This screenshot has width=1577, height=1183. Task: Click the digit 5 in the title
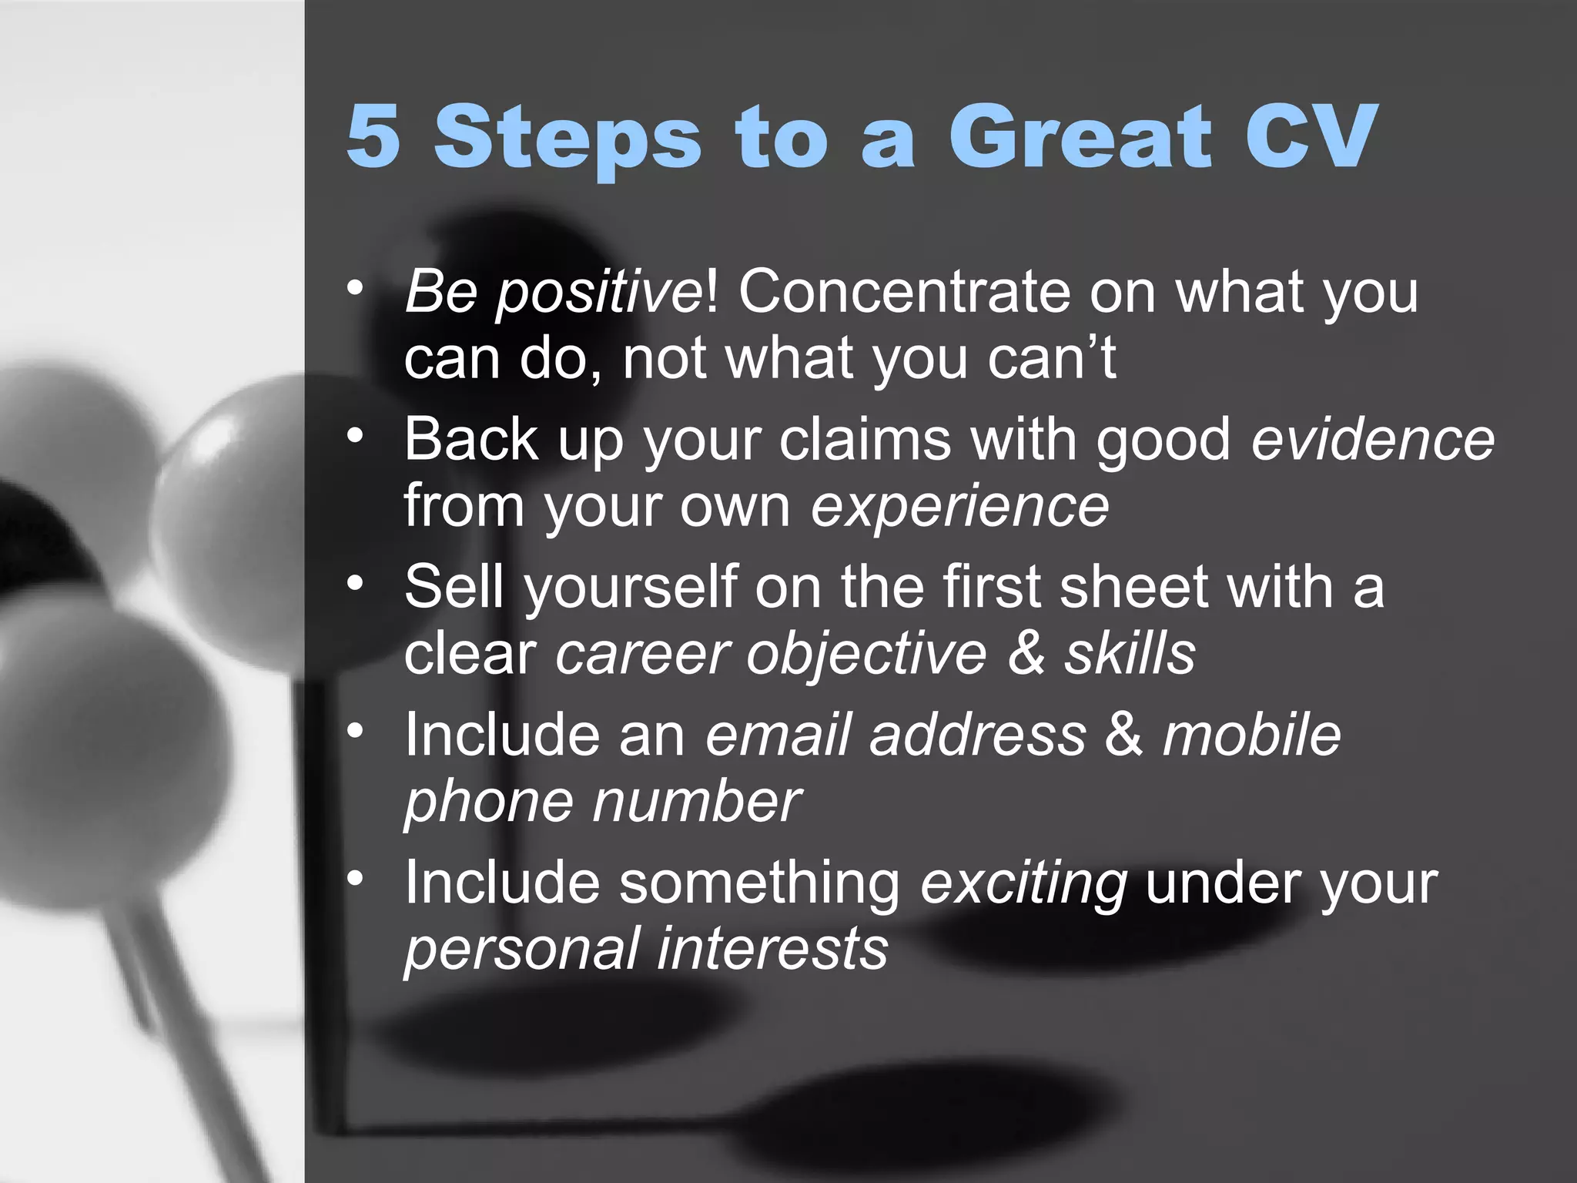coord(374,136)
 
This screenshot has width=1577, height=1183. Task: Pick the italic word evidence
coord(1372,440)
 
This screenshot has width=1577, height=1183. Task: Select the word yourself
coord(631,587)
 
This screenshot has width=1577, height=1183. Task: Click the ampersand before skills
coord(1025,654)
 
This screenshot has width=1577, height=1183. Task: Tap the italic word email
coord(777,735)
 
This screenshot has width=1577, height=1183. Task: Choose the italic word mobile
coord(1251,735)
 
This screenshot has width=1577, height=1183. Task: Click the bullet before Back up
coord(354,436)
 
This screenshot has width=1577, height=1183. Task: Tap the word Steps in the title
coord(568,137)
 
